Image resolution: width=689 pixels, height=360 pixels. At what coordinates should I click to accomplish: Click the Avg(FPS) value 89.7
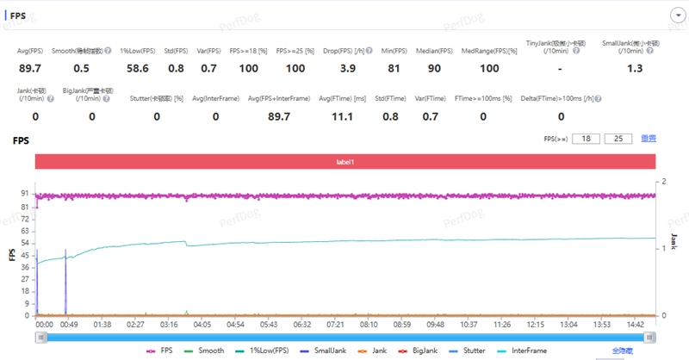30,68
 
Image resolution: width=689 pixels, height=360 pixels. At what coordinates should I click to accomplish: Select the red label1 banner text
345,161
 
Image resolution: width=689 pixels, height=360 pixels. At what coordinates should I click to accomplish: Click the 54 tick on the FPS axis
26,243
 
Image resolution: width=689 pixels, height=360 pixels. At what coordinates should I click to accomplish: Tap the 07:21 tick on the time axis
335,325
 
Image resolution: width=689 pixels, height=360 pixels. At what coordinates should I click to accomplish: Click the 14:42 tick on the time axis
636,325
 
